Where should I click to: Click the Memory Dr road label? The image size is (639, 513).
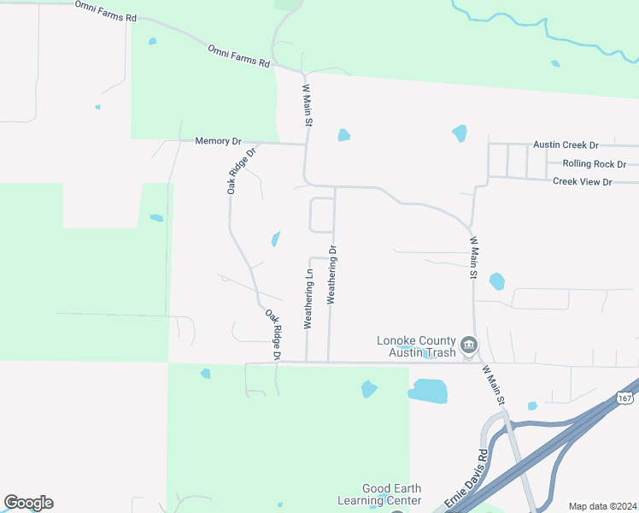(219, 141)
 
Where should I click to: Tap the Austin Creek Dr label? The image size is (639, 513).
(566, 145)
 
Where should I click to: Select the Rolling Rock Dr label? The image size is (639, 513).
(595, 163)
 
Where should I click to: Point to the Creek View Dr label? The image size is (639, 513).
(583, 181)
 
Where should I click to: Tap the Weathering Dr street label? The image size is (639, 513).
(332, 275)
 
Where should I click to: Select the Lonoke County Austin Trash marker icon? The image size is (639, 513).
(469, 345)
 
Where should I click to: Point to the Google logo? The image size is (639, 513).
(28, 503)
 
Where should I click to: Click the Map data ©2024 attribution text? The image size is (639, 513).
(602, 506)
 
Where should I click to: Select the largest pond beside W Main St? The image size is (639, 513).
(428, 392)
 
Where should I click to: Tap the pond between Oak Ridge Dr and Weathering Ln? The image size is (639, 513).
(276, 239)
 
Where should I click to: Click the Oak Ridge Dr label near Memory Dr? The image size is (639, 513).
(242, 170)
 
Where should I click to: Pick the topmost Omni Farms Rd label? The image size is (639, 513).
(106, 11)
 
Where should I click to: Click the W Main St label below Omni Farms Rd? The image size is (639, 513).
(307, 106)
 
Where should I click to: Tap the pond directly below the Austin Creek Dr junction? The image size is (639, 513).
(460, 133)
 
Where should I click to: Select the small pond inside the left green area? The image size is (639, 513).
(156, 218)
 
